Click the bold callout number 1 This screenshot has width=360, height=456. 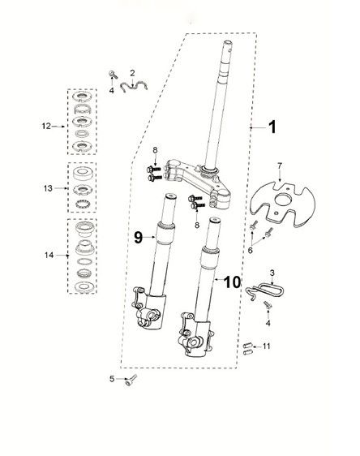click(272, 127)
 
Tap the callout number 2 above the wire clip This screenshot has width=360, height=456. click(133, 73)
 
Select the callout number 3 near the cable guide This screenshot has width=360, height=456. click(272, 273)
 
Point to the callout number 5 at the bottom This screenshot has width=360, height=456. click(112, 378)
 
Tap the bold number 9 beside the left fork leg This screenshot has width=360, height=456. click(138, 237)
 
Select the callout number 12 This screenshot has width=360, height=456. click(46, 126)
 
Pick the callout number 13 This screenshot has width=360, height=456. click(46, 187)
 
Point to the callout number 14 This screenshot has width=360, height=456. click(46, 255)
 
